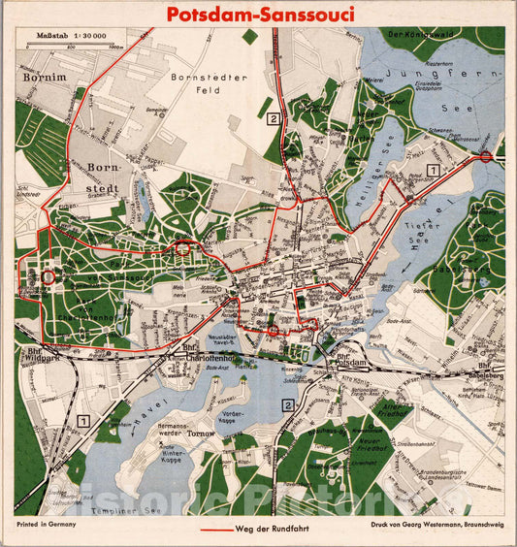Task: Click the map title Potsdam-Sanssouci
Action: click(259, 15)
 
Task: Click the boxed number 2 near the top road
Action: click(275, 119)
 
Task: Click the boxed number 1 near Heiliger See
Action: click(434, 169)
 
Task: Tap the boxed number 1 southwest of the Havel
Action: click(84, 421)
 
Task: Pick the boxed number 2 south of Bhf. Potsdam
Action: click(287, 405)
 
